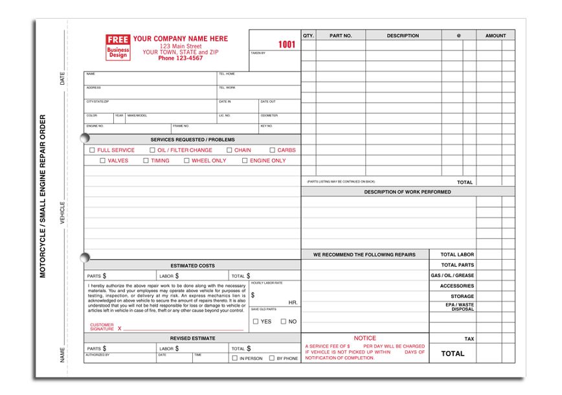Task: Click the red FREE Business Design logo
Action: click(x=118, y=47)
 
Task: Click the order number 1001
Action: click(x=286, y=45)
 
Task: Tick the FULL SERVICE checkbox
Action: click(x=93, y=150)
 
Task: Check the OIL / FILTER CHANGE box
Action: click(x=152, y=150)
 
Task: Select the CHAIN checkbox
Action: click(x=229, y=150)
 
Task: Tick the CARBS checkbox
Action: click(x=273, y=150)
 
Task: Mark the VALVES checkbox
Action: click(x=103, y=161)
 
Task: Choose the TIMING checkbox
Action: click(x=146, y=161)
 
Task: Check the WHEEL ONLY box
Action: click(x=186, y=161)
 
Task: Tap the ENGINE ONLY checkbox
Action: click(x=245, y=161)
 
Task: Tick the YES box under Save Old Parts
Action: click(x=256, y=321)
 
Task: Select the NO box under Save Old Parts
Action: click(x=284, y=321)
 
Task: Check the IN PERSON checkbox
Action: click(x=234, y=358)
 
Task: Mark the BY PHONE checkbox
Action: click(x=271, y=358)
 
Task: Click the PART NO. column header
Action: click(x=341, y=36)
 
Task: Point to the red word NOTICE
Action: click(x=365, y=338)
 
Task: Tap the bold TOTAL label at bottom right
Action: click(x=453, y=354)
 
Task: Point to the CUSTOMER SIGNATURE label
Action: click(x=102, y=326)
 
